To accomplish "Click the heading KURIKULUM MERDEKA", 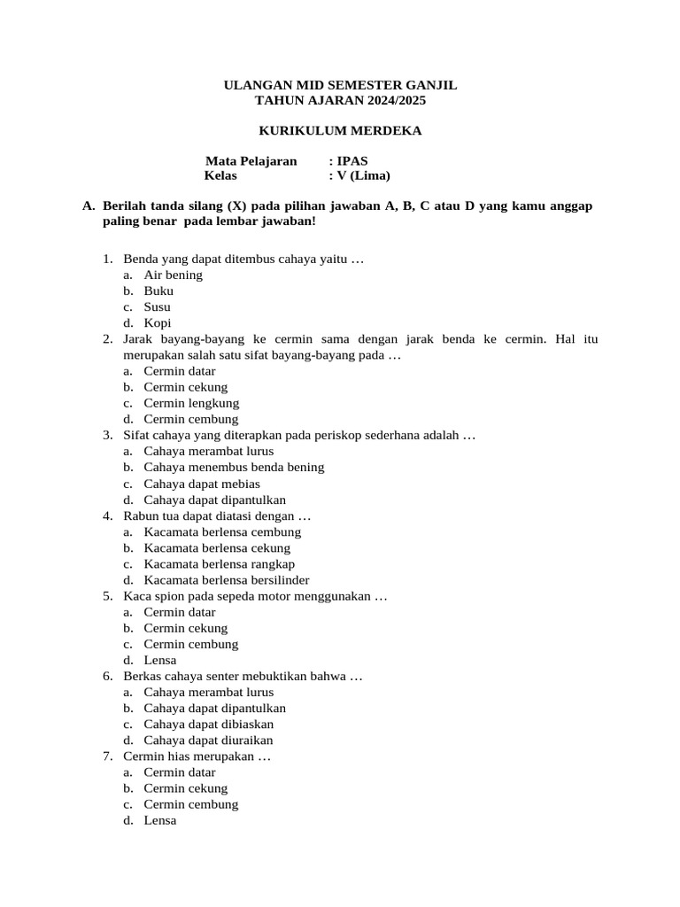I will [x=340, y=131].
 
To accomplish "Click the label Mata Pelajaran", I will [x=251, y=161].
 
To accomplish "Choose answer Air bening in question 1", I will [x=174, y=275].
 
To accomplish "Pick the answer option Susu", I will [x=158, y=306].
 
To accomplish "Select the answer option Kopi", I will [x=158, y=322].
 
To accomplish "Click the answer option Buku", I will [x=158, y=291].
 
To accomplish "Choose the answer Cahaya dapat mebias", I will [x=202, y=484].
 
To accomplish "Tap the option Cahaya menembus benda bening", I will [x=234, y=467].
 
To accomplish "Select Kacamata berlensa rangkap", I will [x=220, y=564].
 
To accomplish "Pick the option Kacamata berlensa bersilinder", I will [x=227, y=580].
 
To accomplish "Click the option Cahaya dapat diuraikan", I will [x=209, y=740].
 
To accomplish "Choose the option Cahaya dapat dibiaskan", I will [x=209, y=724].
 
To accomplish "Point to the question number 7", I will [x=106, y=756].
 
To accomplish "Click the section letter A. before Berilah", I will [x=88, y=205].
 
